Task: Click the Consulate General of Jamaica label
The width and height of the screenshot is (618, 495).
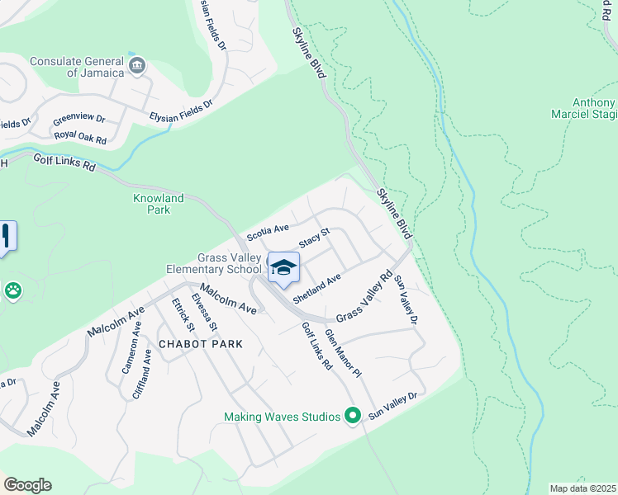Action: click(77, 67)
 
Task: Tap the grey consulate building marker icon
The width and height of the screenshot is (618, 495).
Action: click(137, 64)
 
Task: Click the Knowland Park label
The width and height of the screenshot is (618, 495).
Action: click(152, 204)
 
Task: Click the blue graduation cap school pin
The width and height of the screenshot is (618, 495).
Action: click(283, 268)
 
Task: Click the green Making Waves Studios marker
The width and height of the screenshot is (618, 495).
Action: click(353, 416)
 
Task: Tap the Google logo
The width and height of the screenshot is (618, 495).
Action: click(27, 485)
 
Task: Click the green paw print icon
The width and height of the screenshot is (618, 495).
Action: click(13, 290)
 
